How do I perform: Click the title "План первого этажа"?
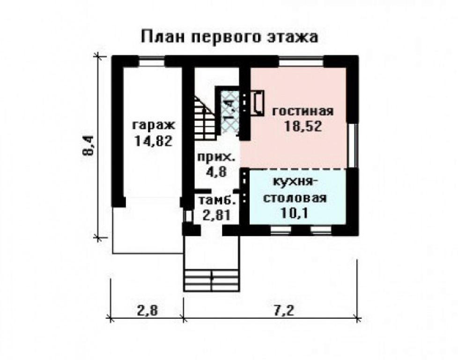(x=229, y=37)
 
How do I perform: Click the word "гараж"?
(x=153, y=125)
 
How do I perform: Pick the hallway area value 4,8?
(x=216, y=171)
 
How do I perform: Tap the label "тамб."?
(x=216, y=200)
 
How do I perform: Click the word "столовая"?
(x=294, y=197)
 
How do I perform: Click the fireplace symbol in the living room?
(x=257, y=102)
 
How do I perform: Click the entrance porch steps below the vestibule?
(x=212, y=280)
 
